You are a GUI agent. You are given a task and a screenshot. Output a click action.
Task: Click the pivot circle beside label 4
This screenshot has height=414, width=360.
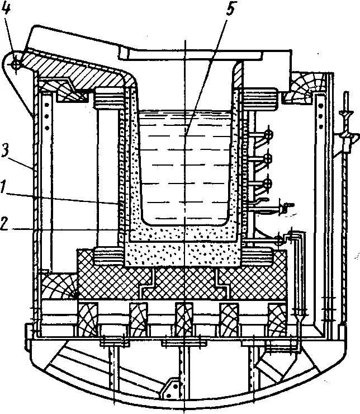pos(16,64)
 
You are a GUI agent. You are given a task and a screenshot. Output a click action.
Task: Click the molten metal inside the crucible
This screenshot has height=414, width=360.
pos(184,162)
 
